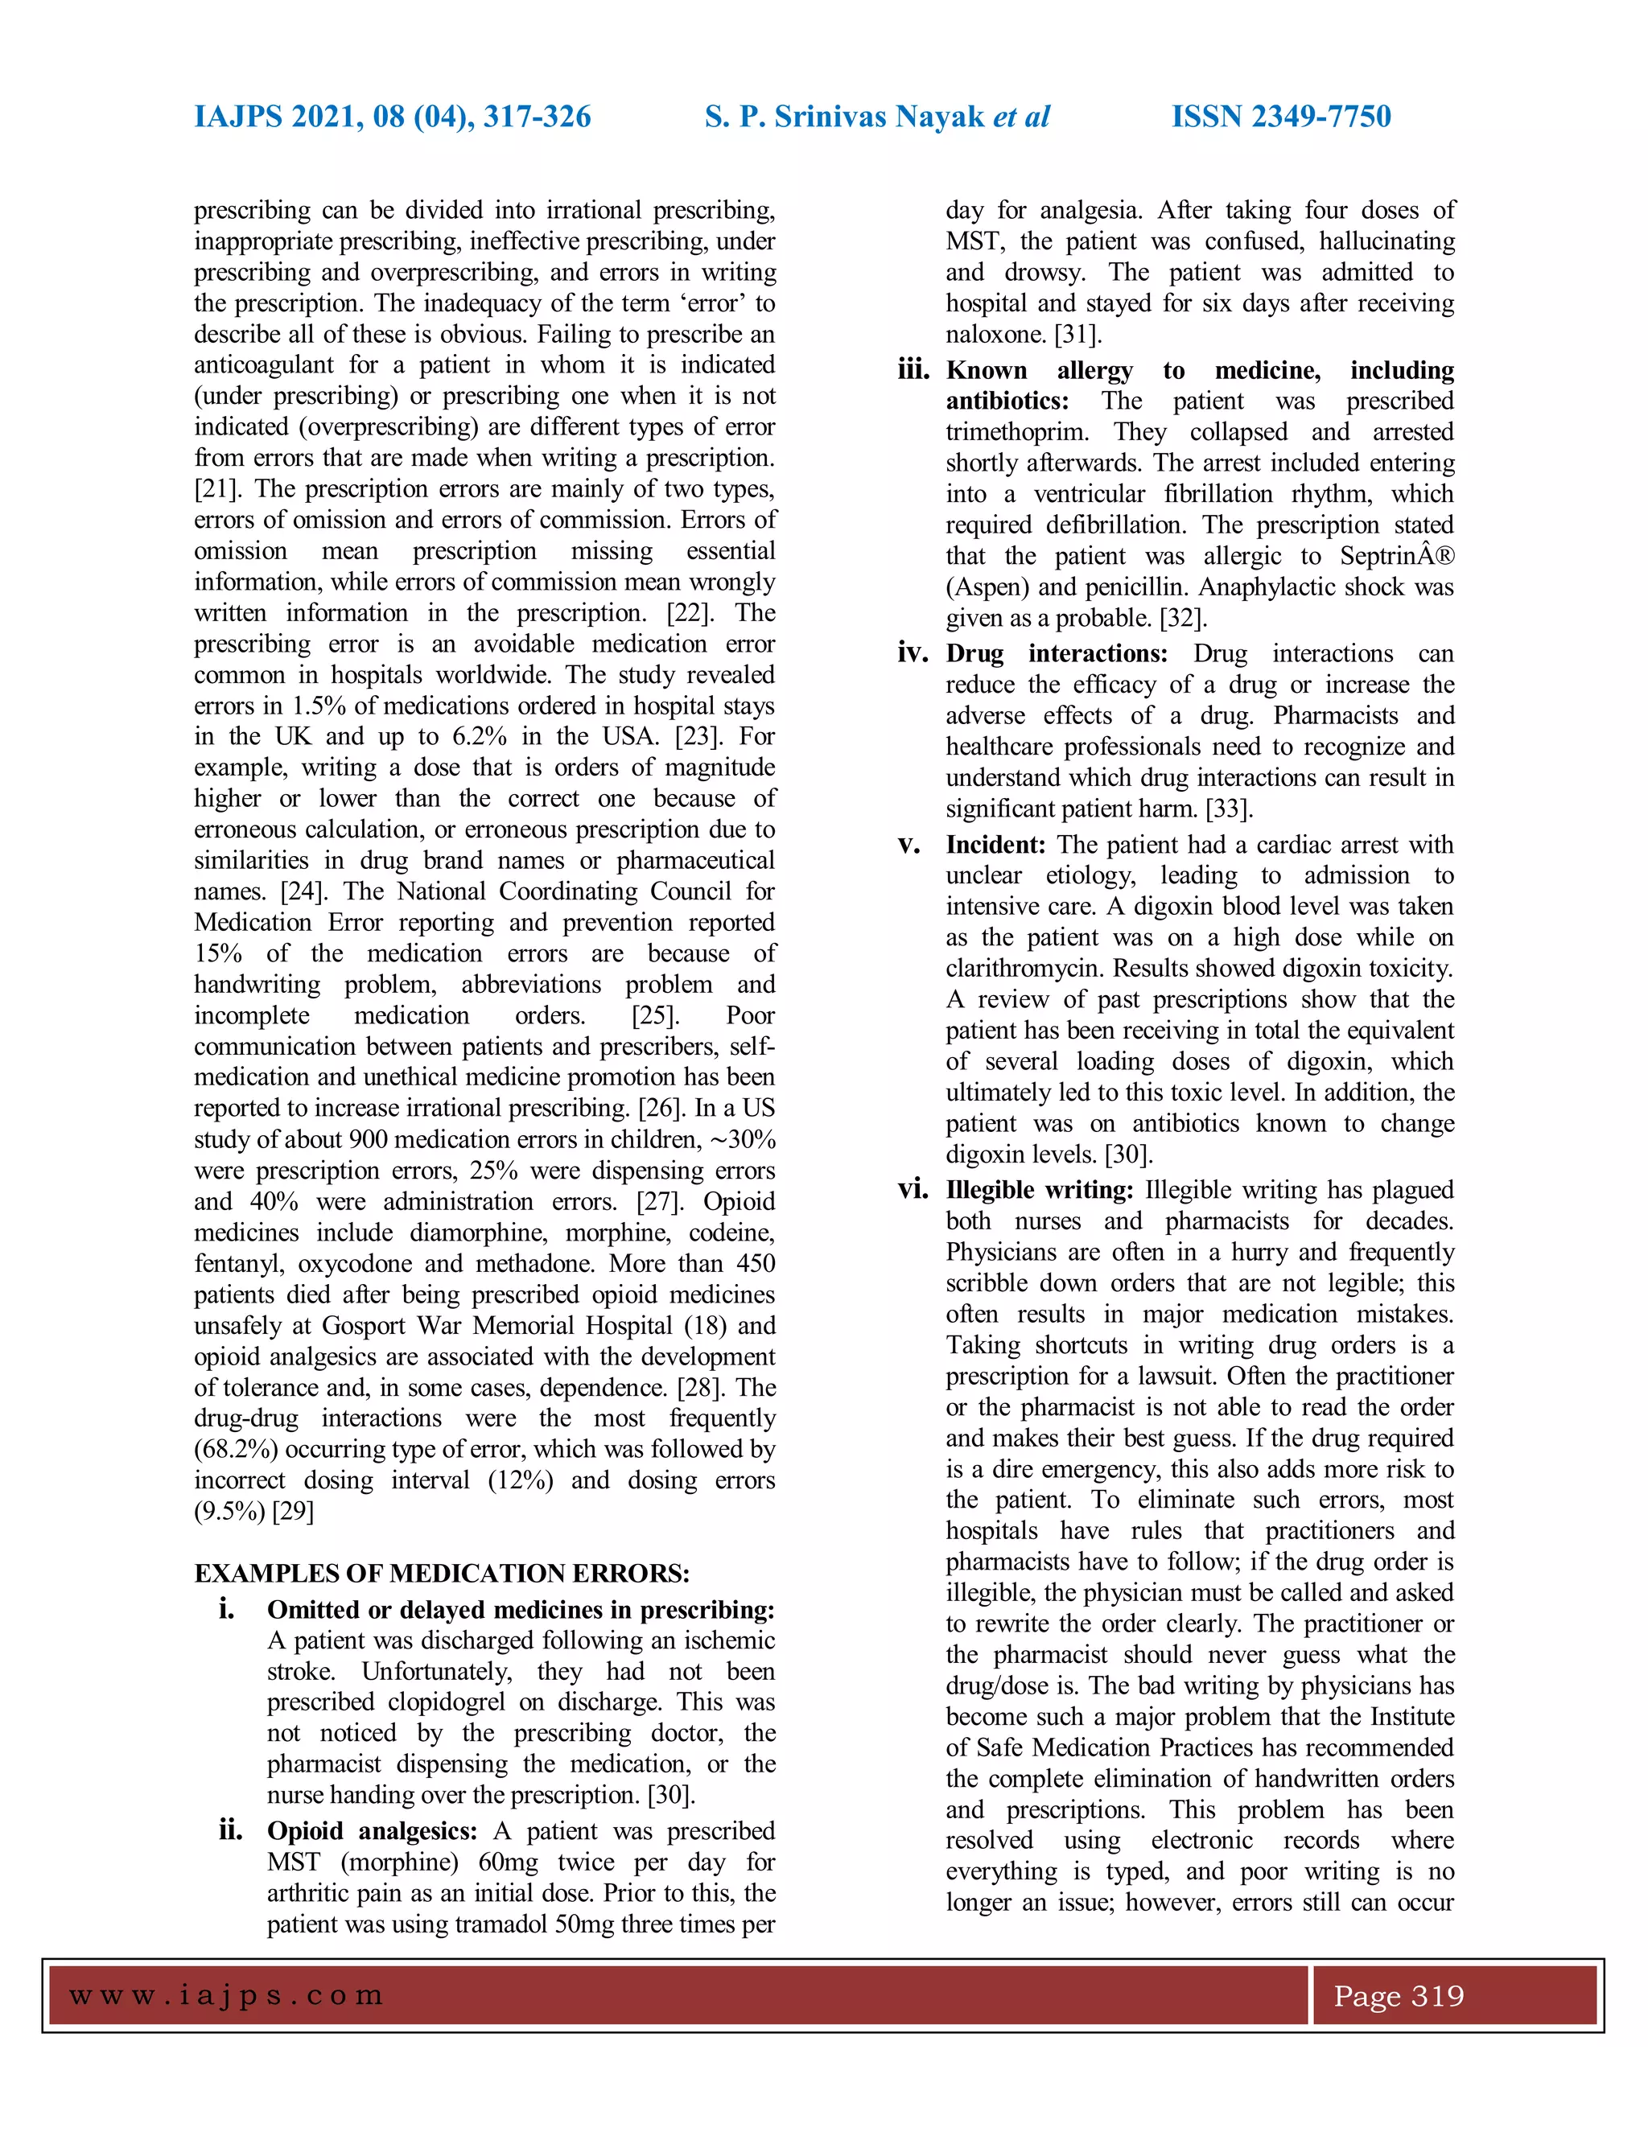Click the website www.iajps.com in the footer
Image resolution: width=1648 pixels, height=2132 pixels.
coord(226,1995)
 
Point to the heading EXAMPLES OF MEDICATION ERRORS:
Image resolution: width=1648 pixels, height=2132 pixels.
coord(441,1574)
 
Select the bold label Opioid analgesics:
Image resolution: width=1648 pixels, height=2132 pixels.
coord(372,1830)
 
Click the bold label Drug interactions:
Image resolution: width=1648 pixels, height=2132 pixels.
coord(1056,653)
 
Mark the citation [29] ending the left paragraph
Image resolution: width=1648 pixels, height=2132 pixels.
coord(293,1511)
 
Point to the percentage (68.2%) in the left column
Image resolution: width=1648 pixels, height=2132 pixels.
coord(235,1450)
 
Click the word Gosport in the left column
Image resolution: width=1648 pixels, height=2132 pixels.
coord(365,1326)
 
